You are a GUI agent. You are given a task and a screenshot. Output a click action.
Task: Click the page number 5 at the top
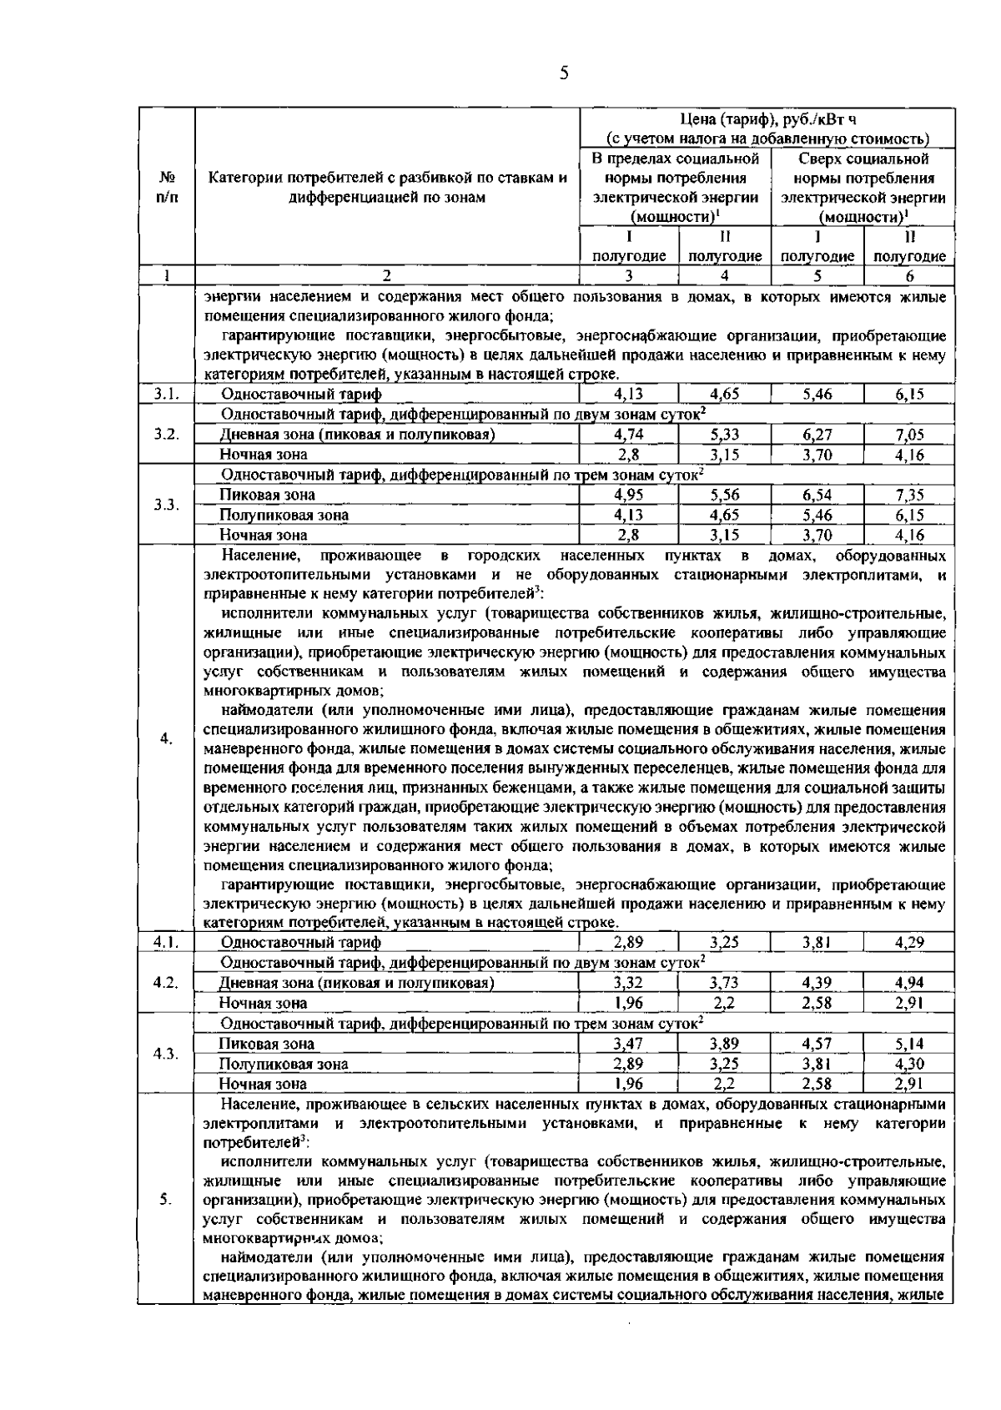[564, 73]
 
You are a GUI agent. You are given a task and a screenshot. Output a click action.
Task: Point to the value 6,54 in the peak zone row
[817, 495]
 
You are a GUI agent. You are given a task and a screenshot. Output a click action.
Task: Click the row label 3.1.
[166, 395]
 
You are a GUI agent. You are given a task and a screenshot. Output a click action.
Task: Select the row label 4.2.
[166, 982]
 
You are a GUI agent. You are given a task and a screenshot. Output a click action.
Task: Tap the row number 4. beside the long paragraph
[166, 738]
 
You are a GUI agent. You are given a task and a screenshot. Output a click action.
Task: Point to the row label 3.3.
[166, 505]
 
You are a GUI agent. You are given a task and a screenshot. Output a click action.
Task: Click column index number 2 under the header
[386, 276]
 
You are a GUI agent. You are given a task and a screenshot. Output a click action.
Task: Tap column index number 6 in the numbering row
[909, 276]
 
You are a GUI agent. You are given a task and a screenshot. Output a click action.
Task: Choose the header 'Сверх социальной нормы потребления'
[863, 169]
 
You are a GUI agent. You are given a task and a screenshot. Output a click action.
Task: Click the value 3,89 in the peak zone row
[724, 1044]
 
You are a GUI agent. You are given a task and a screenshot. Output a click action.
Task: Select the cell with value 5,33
[724, 435]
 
